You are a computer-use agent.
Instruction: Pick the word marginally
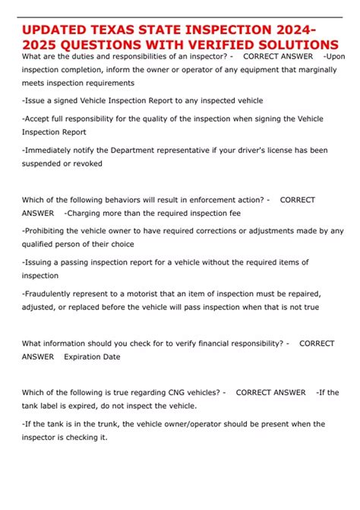[x=324, y=69]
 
